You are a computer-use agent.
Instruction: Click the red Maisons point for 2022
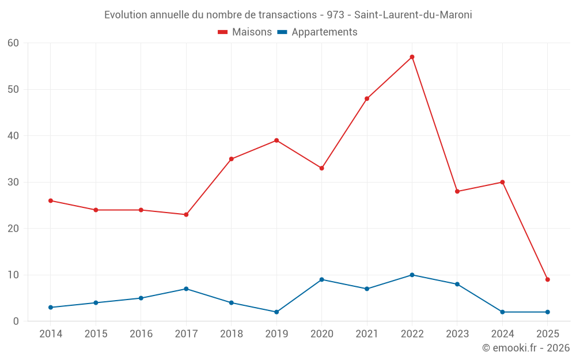pyautogui.click(x=412, y=57)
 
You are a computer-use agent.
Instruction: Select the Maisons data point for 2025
pyautogui.click(x=548, y=279)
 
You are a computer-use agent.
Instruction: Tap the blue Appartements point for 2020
pyautogui.click(x=321, y=279)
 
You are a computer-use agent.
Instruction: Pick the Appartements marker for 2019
pyautogui.click(x=276, y=312)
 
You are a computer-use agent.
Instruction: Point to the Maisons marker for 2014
pyautogui.click(x=51, y=200)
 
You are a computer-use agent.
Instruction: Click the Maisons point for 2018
pyautogui.click(x=231, y=159)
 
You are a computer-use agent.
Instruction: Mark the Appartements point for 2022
pyautogui.click(x=412, y=275)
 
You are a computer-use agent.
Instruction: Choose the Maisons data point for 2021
pyautogui.click(x=367, y=98)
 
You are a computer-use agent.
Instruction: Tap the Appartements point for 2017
pyautogui.click(x=186, y=289)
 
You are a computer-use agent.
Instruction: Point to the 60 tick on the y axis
pyautogui.click(x=13, y=43)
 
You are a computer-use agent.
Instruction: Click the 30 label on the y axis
pyautogui.click(x=13, y=182)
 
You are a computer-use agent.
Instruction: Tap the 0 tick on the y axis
pyautogui.click(x=16, y=321)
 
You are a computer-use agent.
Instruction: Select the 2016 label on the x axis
pyautogui.click(x=141, y=334)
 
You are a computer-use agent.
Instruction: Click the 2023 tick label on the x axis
pyautogui.click(x=457, y=334)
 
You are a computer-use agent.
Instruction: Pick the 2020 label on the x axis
pyautogui.click(x=321, y=334)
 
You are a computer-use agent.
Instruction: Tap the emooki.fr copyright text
pyautogui.click(x=526, y=348)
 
